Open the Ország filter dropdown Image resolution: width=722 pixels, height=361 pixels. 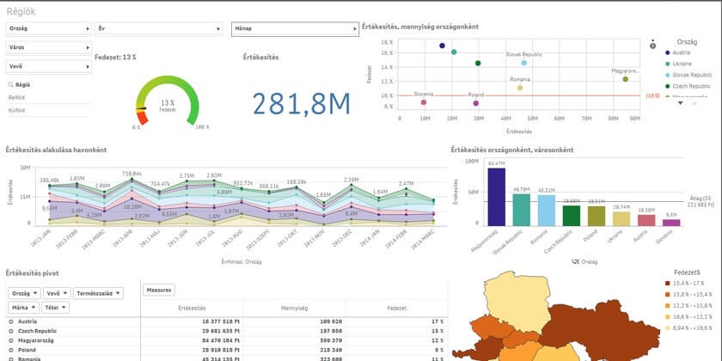48,28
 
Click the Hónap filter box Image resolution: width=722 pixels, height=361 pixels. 295,28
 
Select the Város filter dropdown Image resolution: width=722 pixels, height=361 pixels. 48,46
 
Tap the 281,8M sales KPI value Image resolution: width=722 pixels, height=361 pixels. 301,103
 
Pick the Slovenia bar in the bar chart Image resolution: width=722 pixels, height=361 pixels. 671,222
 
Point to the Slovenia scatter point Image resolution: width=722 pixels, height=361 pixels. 424,102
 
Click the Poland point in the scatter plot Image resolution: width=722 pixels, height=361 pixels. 475,103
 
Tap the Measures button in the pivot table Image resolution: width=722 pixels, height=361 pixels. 159,290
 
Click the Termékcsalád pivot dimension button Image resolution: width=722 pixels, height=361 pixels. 98,293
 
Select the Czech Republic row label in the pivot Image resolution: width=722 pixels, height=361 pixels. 33,330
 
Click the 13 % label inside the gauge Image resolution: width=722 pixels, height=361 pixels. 168,102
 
